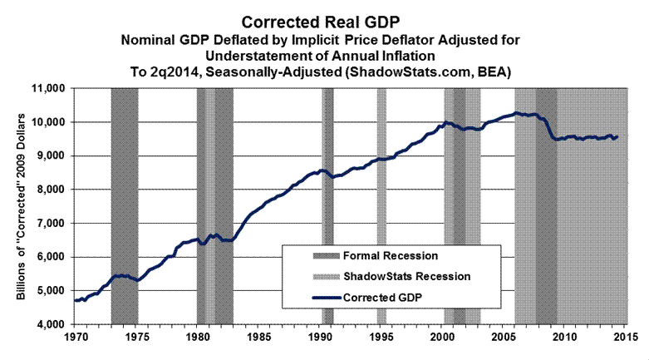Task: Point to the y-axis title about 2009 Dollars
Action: coord(20,205)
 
